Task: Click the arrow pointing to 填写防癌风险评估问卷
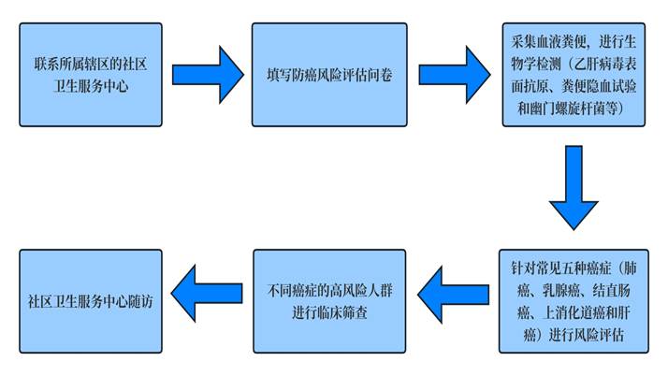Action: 204,73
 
